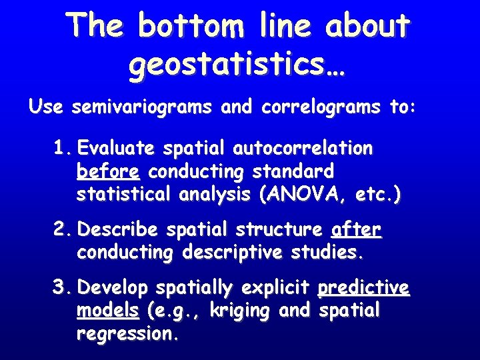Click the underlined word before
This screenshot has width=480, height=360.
(108, 172)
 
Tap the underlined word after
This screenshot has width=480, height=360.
(356, 231)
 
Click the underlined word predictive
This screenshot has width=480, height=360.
(364, 289)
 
